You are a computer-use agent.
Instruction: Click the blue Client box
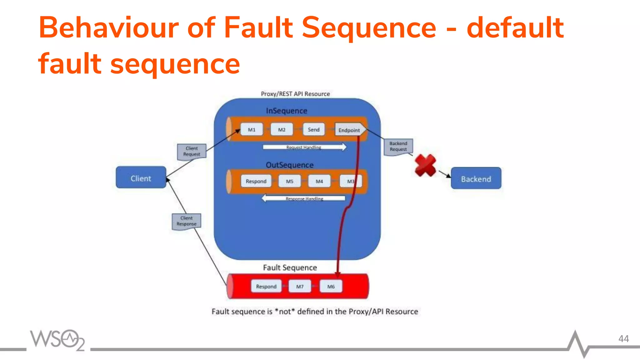coord(141,177)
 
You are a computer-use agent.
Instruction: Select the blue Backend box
coord(476,178)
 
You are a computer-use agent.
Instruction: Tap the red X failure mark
coord(425,165)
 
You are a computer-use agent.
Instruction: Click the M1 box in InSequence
coord(252,130)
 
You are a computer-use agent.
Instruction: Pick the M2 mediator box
coord(282,130)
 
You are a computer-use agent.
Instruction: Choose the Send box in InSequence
coord(313,130)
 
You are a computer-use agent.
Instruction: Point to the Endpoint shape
coord(349,130)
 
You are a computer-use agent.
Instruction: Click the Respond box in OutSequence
coord(256,181)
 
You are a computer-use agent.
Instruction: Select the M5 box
coord(290,181)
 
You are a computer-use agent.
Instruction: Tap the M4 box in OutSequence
coord(319,181)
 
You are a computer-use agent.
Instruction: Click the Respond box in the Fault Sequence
coord(266,286)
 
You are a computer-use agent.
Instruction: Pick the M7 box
coord(300,286)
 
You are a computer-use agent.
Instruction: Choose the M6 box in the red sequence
coord(331,286)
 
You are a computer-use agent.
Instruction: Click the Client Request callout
coord(192,151)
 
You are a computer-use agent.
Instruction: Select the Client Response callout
coord(187,221)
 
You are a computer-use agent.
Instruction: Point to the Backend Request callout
coord(398,146)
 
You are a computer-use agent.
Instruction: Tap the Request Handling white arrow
coord(304,147)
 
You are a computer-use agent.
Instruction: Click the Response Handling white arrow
coord(304,198)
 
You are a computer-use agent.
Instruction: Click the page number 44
coord(623,339)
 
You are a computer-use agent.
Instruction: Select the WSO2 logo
coord(57,340)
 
